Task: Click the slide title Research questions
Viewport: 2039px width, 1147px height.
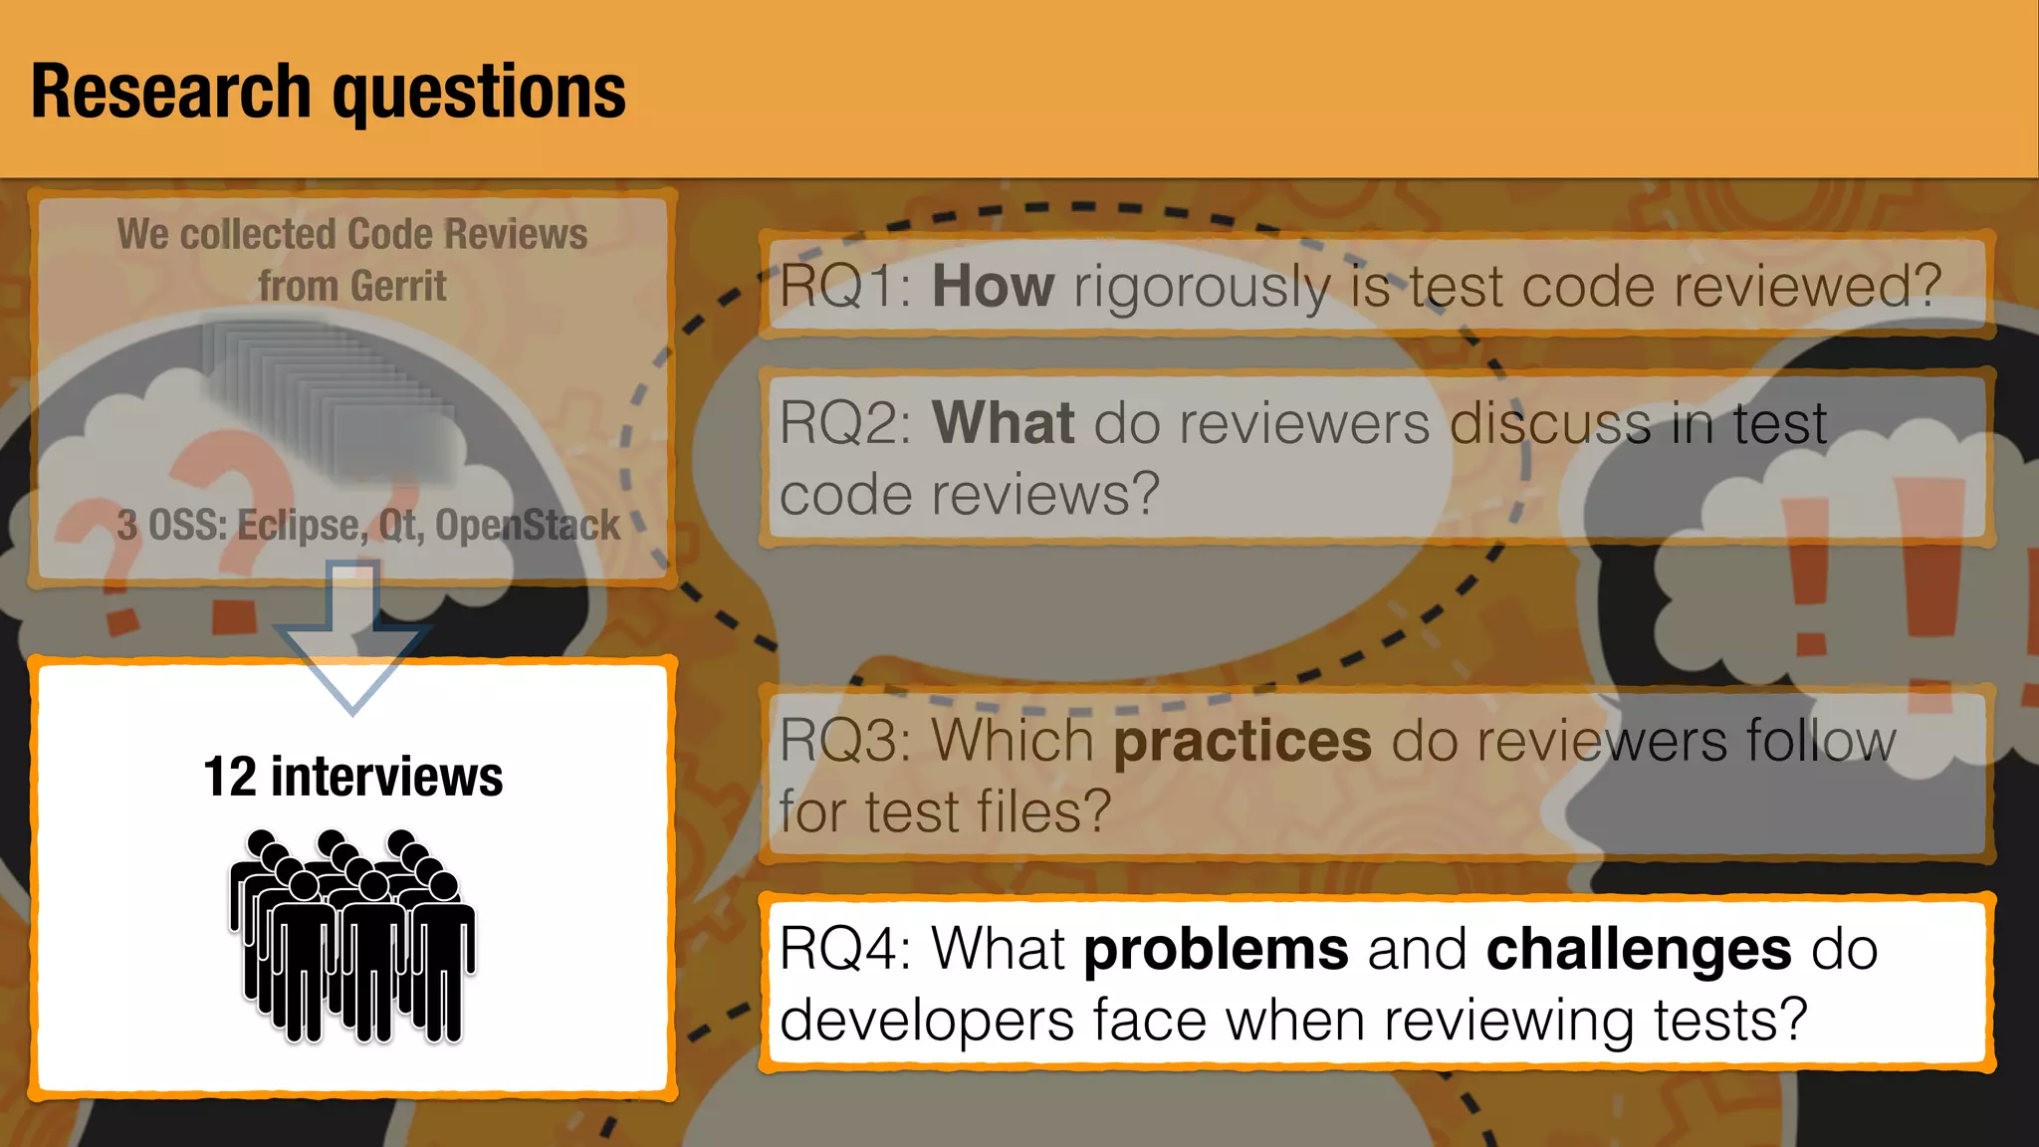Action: [329, 92]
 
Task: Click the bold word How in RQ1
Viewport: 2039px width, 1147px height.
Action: [993, 287]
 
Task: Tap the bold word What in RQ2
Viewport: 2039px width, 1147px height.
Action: [1003, 423]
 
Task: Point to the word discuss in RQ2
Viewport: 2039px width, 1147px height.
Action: [1550, 423]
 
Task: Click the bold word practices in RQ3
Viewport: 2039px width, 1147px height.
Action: [1243, 742]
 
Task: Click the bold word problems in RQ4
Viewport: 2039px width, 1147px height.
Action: [1216, 949]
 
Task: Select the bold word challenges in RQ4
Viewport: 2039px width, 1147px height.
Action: [1639, 949]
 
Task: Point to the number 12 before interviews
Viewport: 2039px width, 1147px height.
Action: [230, 777]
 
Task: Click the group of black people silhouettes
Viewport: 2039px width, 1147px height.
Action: [352, 936]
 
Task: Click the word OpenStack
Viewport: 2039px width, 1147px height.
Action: [528, 526]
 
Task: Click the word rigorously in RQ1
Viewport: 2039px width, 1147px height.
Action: [1201, 287]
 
